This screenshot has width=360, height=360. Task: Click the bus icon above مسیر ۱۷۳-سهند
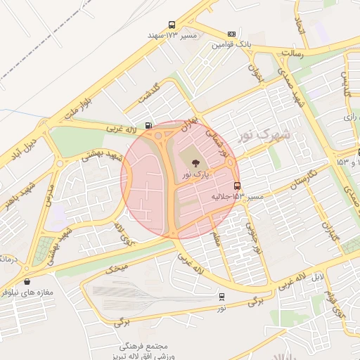coord(172,25)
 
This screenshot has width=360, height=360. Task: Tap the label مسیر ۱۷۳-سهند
coord(172,34)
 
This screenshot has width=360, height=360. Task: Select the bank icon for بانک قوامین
coord(231,34)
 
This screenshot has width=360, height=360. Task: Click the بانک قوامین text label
coord(231,44)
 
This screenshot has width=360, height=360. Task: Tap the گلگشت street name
coord(150,92)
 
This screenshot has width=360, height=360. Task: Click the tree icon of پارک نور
coord(195,163)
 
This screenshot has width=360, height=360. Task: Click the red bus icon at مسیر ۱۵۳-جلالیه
coord(236,186)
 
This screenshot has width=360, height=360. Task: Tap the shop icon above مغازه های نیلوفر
coord(27,281)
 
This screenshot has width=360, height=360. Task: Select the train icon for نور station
coord(222,297)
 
